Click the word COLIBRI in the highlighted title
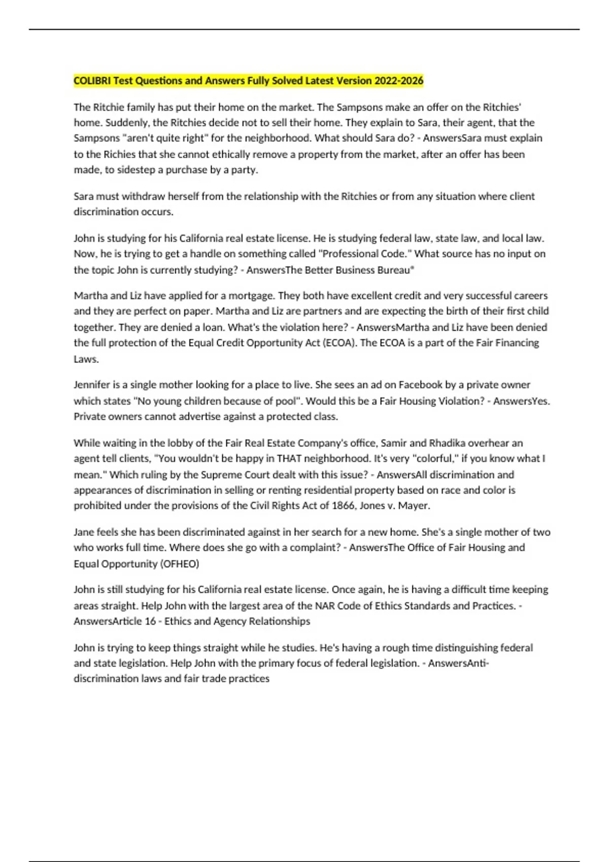92,81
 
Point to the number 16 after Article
150,621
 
